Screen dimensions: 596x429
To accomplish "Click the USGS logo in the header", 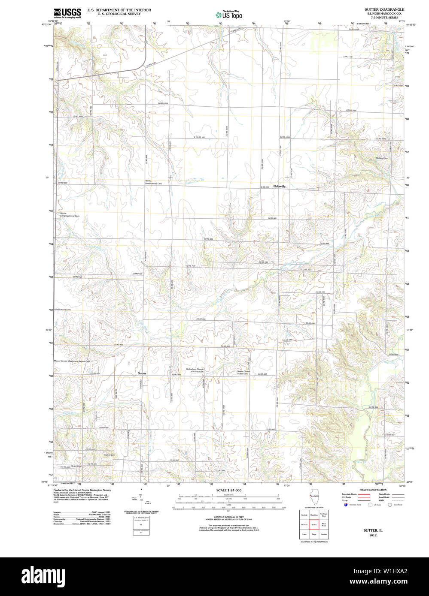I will tap(67, 12).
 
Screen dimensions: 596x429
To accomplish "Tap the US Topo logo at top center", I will tap(229, 15).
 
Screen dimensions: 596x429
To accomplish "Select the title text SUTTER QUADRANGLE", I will tap(384, 9).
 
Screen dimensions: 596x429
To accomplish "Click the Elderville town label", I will tap(279, 187).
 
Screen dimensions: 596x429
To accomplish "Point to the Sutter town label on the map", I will tap(142, 373).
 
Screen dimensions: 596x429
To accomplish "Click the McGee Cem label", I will tap(382, 158).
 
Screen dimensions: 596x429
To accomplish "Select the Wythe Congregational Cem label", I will tap(70, 214).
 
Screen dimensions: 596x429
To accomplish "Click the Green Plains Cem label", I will tap(62, 310).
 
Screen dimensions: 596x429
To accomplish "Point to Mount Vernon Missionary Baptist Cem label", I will tap(72, 361).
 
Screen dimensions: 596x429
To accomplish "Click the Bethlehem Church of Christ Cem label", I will tap(195, 370).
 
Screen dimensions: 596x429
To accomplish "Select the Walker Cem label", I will tap(110, 455).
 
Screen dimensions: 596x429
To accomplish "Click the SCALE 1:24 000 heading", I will tap(228, 490).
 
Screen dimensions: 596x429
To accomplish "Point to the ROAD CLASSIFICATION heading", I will tap(372, 490).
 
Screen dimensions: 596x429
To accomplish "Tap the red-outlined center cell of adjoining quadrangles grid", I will tap(314, 524).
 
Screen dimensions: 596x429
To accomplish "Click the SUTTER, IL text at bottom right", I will tap(370, 530).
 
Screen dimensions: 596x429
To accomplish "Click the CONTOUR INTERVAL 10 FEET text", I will tap(228, 517).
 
